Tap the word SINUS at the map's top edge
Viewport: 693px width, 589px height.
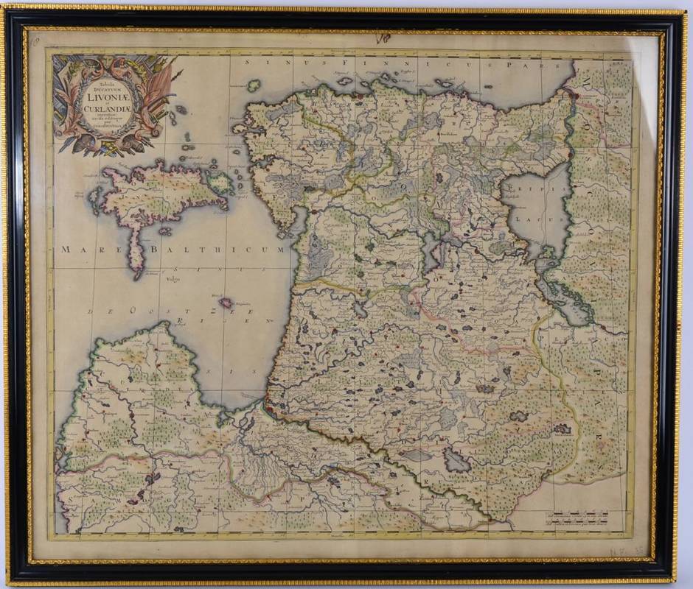[283, 64]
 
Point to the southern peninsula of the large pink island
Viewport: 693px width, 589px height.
[135, 258]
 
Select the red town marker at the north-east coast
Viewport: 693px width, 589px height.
[568, 94]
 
